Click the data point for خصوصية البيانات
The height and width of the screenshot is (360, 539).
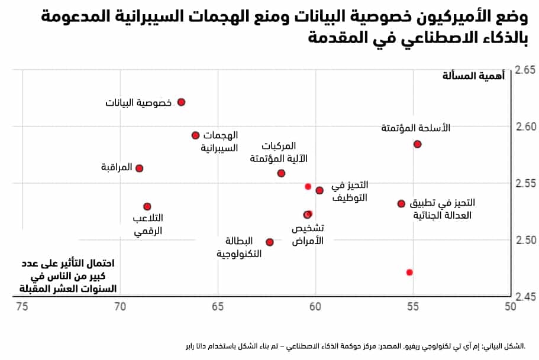coord(182,102)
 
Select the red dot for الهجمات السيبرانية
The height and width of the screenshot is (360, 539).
coord(196,135)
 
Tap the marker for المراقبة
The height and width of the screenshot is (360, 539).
coord(140,168)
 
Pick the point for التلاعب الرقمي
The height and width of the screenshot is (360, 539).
coord(147,206)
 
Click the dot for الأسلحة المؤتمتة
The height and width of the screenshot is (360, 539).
coord(417,144)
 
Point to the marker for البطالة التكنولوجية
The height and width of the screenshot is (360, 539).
coord(270,242)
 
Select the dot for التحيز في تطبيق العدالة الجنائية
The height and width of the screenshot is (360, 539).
coord(401,203)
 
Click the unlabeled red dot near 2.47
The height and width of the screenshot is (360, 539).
coord(409,273)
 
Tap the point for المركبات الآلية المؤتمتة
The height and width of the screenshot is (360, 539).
coord(282,173)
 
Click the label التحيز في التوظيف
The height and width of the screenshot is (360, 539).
coord(350,192)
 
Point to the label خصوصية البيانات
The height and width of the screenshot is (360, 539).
coord(138,103)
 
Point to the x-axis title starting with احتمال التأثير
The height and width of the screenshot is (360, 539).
coord(69,275)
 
